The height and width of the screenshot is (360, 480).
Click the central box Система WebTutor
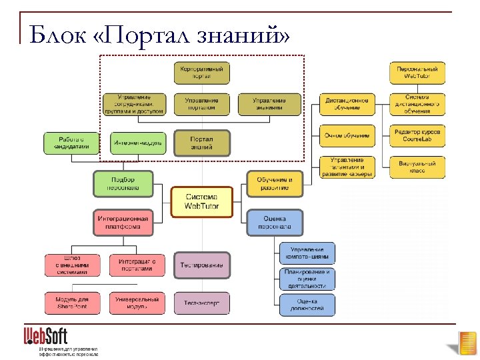201,202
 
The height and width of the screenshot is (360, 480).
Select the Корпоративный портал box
201,72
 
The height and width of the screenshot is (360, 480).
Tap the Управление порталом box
201,104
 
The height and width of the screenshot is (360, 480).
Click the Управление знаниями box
269,104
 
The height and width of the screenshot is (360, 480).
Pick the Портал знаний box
201,143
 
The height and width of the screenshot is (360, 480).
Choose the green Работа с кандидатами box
72,143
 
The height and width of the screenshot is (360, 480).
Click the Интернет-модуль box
138,143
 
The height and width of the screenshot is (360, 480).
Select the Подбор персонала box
123,183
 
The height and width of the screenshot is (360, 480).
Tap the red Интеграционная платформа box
123,222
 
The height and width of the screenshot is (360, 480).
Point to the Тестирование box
201,265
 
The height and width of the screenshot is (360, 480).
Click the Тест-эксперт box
201,303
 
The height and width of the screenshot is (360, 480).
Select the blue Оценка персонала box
275,222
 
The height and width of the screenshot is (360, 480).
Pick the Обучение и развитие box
275,183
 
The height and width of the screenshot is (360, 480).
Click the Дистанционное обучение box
347,104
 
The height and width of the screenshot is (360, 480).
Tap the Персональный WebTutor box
417,73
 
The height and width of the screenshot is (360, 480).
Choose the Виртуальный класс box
417,167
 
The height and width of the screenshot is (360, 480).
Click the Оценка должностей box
307,305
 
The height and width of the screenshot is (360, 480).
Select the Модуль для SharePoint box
71,303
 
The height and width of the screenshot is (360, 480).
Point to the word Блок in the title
57,34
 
